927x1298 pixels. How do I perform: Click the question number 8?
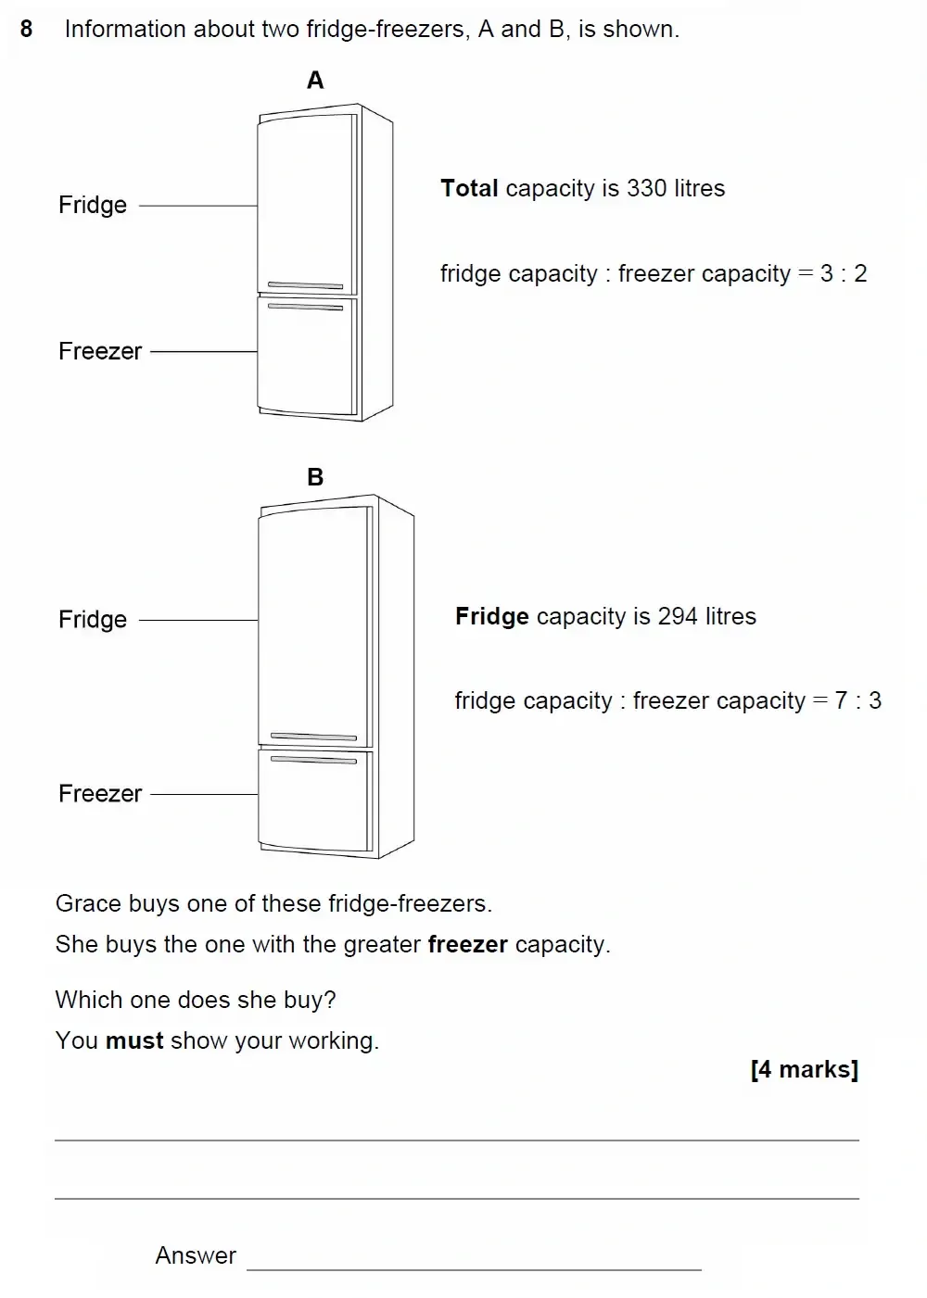point(26,30)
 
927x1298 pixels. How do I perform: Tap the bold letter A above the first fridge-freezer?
point(315,81)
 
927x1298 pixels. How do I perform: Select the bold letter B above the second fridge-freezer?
point(315,477)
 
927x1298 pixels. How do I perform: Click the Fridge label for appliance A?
point(93,205)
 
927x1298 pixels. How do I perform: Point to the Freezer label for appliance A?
point(100,351)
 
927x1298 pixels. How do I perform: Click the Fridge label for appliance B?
point(93,619)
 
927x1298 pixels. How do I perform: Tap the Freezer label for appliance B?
point(100,794)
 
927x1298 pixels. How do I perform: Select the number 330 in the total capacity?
point(646,188)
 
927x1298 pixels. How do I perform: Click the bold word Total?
point(469,188)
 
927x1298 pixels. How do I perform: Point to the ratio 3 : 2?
point(844,273)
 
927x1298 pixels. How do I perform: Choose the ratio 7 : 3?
point(857,700)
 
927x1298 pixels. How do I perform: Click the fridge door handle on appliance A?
point(305,285)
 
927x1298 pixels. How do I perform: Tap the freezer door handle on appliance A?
point(305,307)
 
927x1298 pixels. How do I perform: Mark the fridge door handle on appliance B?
point(313,737)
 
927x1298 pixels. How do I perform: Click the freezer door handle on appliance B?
point(313,760)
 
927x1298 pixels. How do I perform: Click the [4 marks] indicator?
point(804,1069)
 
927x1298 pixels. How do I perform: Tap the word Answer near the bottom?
point(196,1255)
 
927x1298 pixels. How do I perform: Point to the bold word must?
point(134,1040)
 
